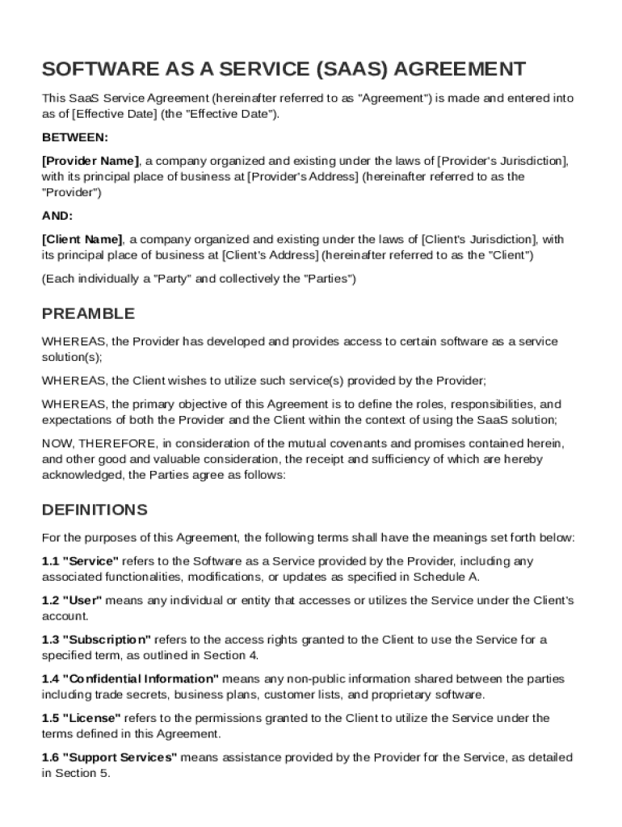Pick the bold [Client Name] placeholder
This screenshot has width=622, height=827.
(x=82, y=239)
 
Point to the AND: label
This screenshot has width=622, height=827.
(x=57, y=216)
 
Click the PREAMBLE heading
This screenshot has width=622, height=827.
(x=88, y=313)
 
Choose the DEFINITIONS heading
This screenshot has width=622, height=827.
(x=95, y=510)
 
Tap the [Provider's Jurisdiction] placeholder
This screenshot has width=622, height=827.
(x=502, y=161)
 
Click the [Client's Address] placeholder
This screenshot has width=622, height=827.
(x=270, y=255)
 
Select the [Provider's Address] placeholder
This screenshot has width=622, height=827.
(x=302, y=176)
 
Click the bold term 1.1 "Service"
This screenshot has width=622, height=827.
(x=80, y=560)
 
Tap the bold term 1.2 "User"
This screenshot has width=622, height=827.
(x=72, y=600)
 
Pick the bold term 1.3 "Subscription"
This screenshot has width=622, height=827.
(x=96, y=640)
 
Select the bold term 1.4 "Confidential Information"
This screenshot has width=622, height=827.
(x=130, y=678)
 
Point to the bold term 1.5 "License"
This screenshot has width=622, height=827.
(x=81, y=718)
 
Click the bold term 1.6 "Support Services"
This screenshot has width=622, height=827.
(x=109, y=758)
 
